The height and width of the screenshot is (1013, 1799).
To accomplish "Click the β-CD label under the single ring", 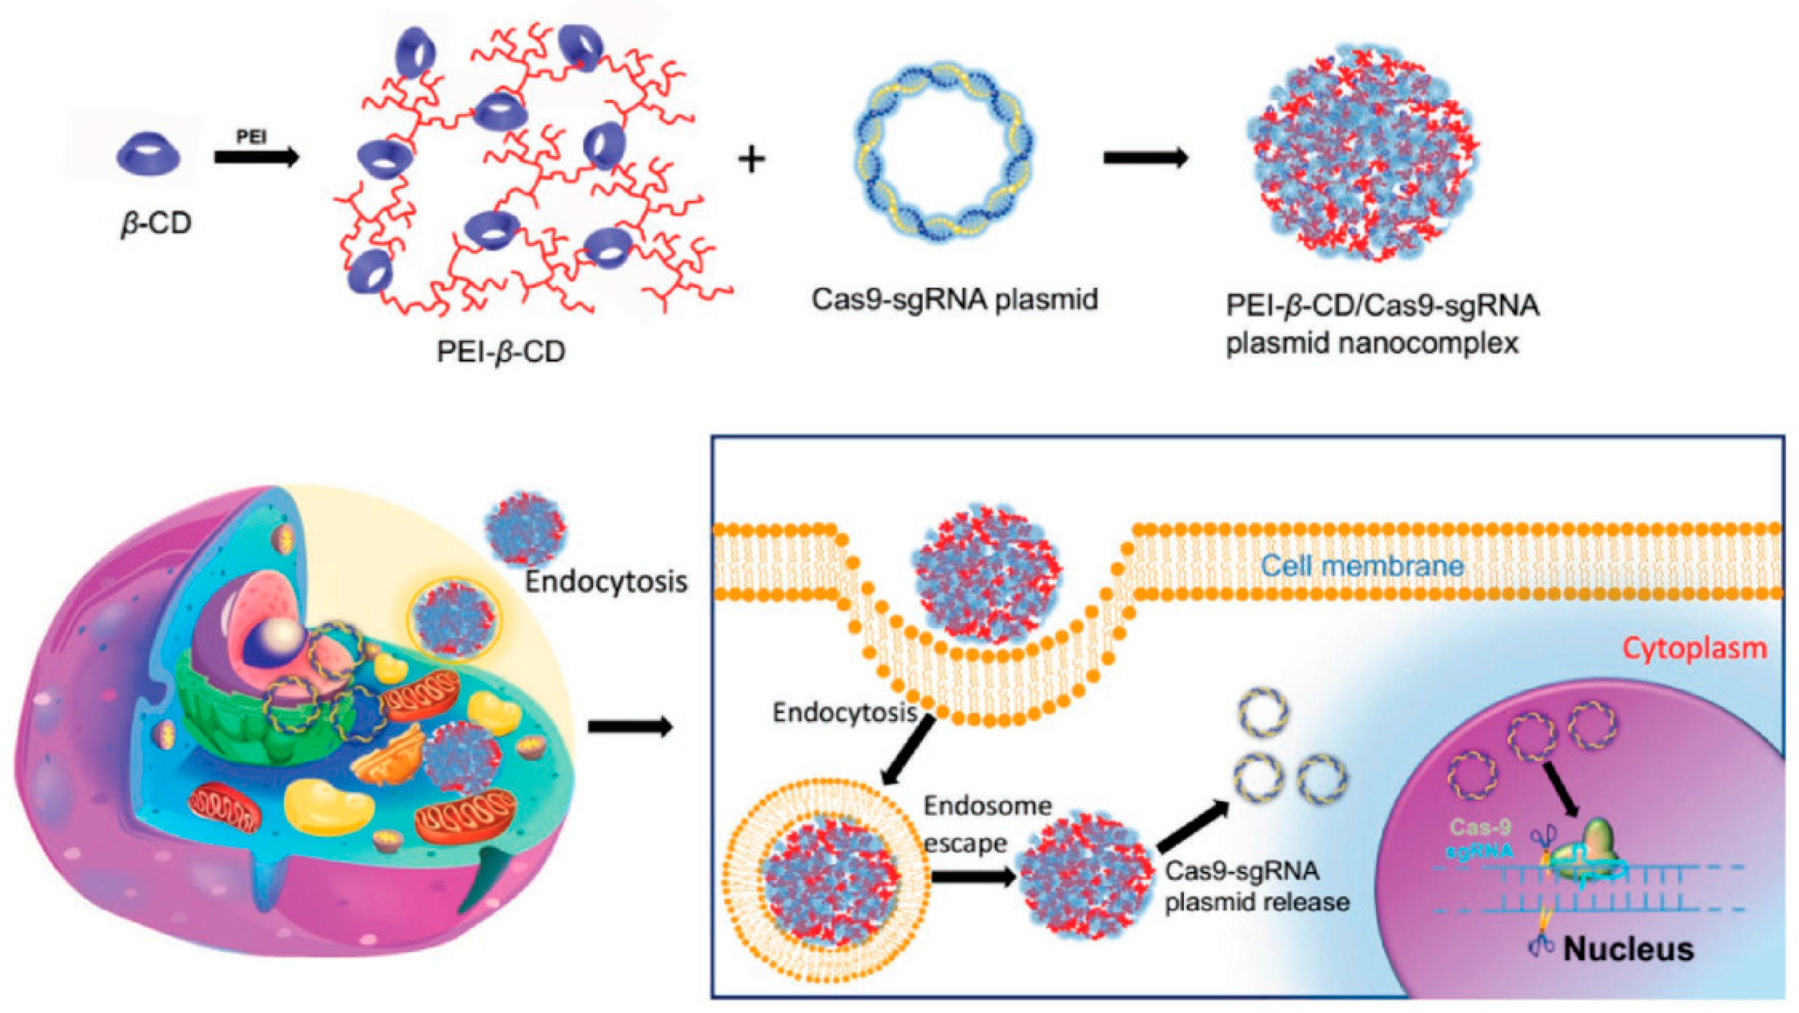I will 156,224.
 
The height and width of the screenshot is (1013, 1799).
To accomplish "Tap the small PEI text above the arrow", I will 252,137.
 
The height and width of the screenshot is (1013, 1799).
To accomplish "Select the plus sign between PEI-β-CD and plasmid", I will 751,160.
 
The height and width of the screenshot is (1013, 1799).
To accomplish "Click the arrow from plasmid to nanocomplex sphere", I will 1145,158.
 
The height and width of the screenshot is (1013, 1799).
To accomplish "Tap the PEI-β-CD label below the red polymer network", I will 501,353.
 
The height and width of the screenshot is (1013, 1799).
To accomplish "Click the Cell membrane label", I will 1363,565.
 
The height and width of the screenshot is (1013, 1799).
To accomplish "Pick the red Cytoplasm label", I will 1694,649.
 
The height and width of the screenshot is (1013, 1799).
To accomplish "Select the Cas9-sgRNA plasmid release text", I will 1256,887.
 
